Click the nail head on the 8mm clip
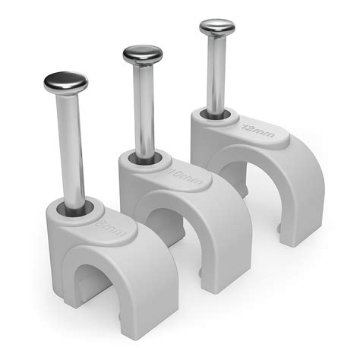(65, 81)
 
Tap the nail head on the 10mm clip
(143, 55)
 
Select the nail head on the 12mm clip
(217, 28)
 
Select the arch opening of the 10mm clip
(163, 228)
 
